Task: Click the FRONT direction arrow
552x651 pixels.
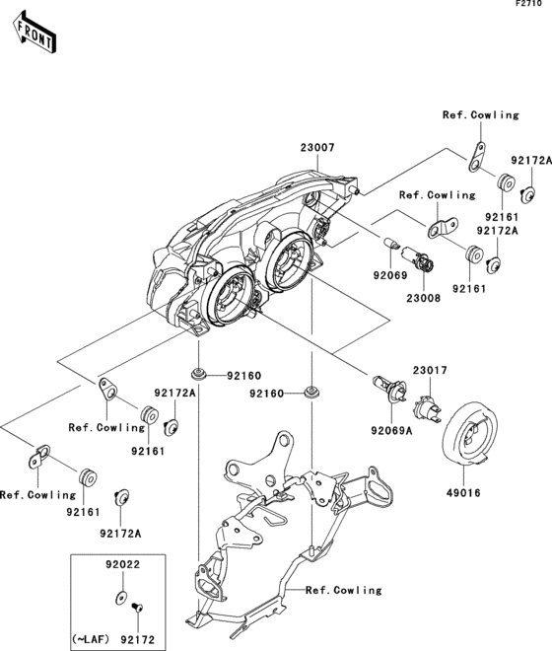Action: pos(34,33)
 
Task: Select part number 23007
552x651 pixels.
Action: pos(317,147)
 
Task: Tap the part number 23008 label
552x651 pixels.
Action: pos(423,298)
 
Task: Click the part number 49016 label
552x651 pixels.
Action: pos(463,493)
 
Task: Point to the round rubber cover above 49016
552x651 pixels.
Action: pos(469,433)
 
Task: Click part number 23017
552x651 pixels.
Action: pos(430,370)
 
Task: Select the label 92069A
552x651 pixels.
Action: pos(391,430)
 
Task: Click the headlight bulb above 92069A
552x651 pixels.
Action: pos(390,388)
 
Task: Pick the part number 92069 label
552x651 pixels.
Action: pos(390,275)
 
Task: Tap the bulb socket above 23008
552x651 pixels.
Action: pos(420,257)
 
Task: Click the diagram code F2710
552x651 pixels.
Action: pos(528,4)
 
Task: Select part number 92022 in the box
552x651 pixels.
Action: pos(122,564)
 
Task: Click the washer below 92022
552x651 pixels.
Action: pos(121,597)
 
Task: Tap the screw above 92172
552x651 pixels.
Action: pos(137,608)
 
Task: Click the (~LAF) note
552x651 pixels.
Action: pos(91,638)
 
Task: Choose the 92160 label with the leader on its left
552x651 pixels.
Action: pos(244,376)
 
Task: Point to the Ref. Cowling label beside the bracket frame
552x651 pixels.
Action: pos(344,590)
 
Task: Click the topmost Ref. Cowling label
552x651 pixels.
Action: pos(481,114)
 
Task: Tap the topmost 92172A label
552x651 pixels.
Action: pos(531,160)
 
